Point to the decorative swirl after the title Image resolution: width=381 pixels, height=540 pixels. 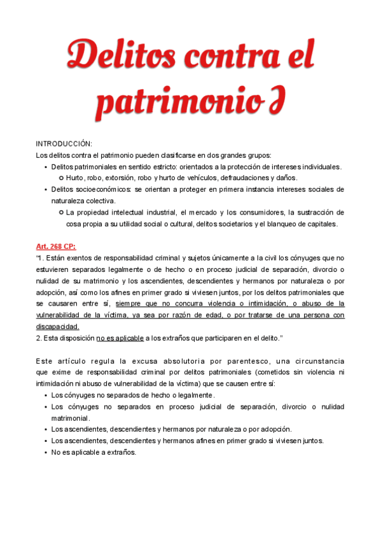tap(273, 101)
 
